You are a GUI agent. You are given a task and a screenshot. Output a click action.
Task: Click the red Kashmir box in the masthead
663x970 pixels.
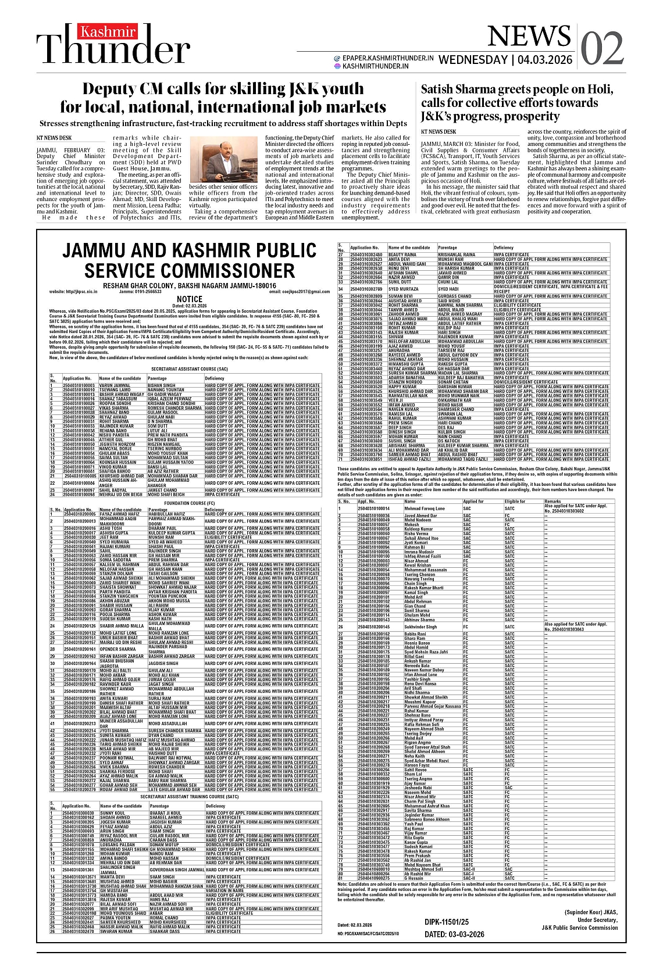click(100, 32)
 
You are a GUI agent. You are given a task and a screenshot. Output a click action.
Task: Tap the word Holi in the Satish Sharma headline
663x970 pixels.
click(601, 90)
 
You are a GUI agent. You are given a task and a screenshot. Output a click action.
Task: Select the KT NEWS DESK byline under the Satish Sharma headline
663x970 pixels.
click(439, 132)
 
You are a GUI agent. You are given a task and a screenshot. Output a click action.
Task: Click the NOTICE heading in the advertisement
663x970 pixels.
click(190, 299)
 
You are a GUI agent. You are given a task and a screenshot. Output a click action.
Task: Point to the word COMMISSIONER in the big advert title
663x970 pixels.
click(190, 271)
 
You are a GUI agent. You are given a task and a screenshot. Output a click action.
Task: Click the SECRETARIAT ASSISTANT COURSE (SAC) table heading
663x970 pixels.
click(190, 368)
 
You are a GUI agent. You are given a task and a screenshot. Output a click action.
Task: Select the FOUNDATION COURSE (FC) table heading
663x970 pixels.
click(190, 503)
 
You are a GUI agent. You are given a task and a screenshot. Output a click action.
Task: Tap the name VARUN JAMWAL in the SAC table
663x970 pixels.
click(115, 385)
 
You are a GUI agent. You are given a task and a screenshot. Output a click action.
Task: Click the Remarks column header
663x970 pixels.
click(552, 501)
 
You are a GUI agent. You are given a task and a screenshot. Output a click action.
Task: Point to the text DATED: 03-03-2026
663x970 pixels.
click(454, 935)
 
